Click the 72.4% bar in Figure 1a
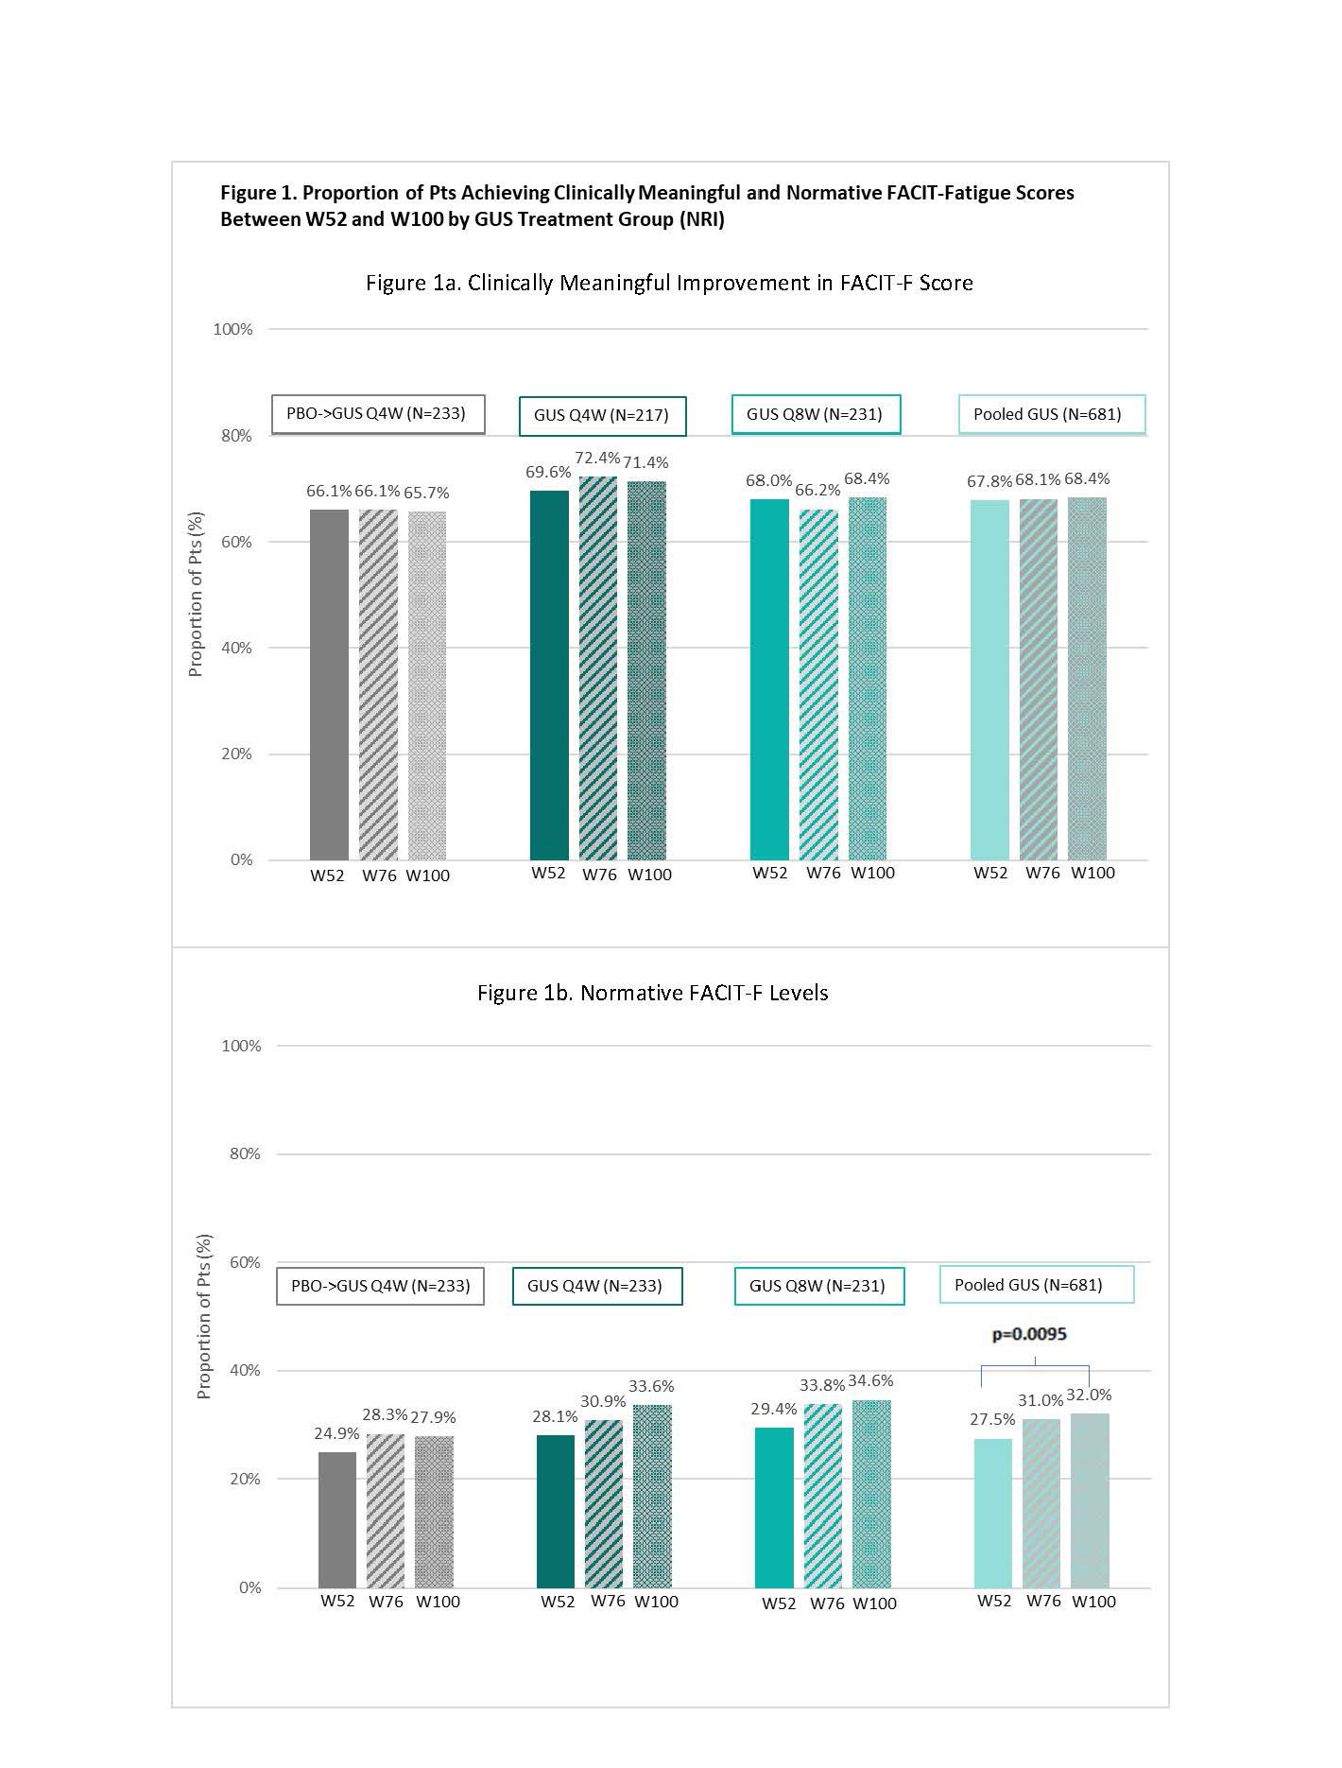point(598,667)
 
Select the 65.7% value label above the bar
point(426,493)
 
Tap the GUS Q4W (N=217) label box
point(602,415)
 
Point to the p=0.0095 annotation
point(1029,1334)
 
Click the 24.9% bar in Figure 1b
point(337,1518)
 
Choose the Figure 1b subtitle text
point(652,993)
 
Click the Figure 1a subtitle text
point(669,283)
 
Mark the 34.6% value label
point(870,1380)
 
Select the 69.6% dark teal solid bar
point(549,674)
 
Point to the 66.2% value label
point(817,491)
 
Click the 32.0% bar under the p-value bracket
point(1090,1499)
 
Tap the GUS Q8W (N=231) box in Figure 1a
point(816,414)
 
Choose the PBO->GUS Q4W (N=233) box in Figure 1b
point(380,1286)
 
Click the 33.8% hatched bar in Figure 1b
point(822,1495)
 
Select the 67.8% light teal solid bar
point(989,679)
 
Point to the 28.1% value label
point(555,1416)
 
